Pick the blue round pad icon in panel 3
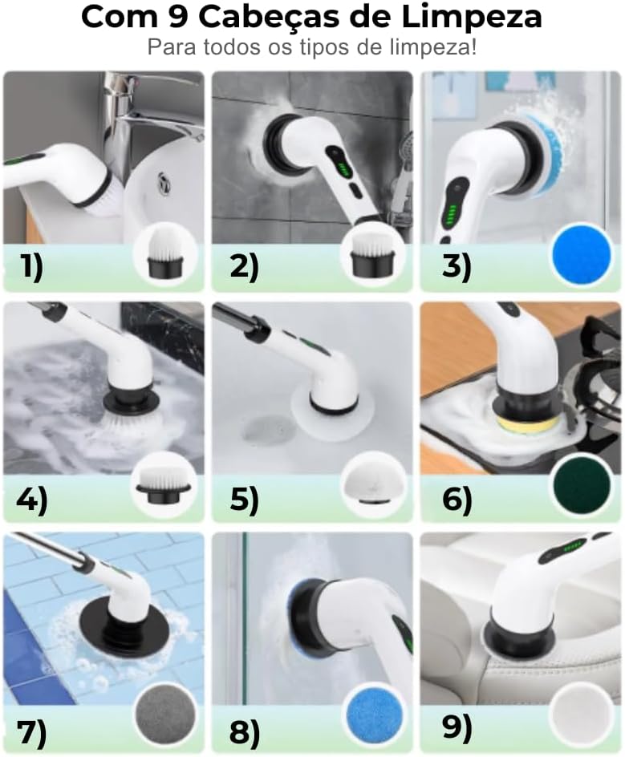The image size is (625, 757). pyautogui.click(x=582, y=254)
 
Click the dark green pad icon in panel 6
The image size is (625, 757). pyautogui.click(x=582, y=486)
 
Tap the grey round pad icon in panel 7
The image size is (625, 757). pyautogui.click(x=165, y=716)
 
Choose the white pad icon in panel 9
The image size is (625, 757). pyautogui.click(x=581, y=716)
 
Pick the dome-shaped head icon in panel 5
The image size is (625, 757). pyautogui.click(x=373, y=484)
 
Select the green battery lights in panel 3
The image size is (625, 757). pyautogui.click(x=453, y=213)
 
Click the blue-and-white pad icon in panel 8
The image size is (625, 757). pyautogui.click(x=375, y=716)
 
